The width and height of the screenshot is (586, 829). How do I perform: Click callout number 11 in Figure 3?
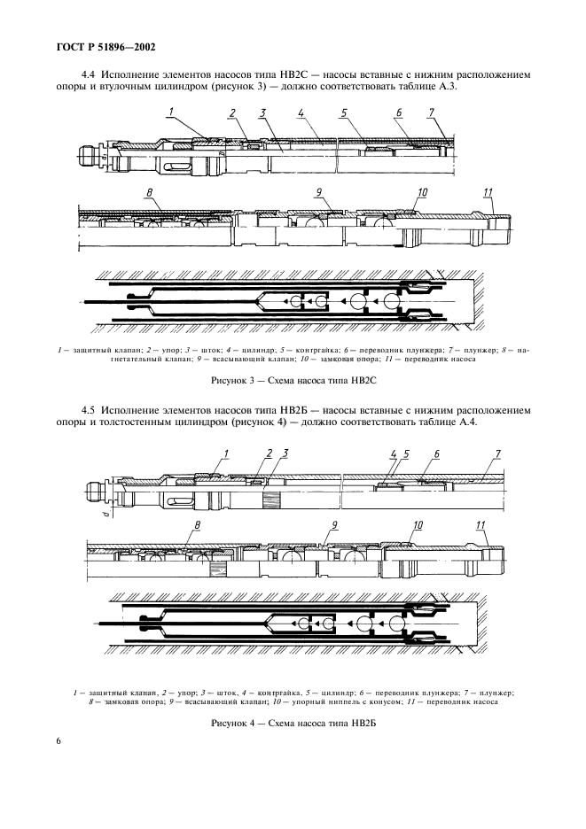click(488, 193)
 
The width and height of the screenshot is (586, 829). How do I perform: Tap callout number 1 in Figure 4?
click(226, 454)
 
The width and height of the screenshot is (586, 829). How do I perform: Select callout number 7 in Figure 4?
click(498, 454)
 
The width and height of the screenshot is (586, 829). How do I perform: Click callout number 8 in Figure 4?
click(197, 525)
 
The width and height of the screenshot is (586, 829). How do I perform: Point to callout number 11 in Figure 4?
click(481, 525)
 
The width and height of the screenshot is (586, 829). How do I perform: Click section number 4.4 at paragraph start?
click(89, 74)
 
